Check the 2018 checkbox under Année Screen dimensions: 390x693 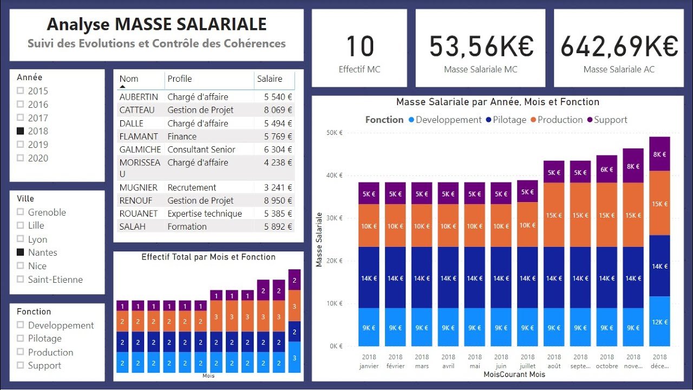(x=21, y=131)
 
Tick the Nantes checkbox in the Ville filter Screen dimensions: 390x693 (x=21, y=252)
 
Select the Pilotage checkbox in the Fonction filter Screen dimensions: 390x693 (x=21, y=339)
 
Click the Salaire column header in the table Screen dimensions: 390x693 (x=270, y=79)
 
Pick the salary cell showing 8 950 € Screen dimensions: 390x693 (x=278, y=200)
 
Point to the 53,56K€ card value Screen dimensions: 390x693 (x=481, y=46)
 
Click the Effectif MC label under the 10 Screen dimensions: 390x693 (x=359, y=69)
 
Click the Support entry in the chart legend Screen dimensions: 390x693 (x=610, y=120)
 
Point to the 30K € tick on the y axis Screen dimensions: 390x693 (x=335, y=218)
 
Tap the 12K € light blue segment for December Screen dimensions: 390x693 (x=659, y=321)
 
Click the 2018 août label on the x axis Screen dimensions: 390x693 (x=554, y=361)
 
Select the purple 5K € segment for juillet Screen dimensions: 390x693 (x=527, y=192)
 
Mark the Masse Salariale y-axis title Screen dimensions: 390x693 (x=319, y=239)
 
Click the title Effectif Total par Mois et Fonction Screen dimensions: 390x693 (x=208, y=257)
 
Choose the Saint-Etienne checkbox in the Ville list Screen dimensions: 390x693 (x=21, y=279)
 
